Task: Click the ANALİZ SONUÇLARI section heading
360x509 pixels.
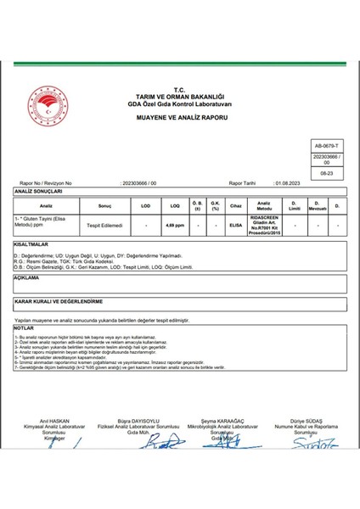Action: click(x=35, y=193)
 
